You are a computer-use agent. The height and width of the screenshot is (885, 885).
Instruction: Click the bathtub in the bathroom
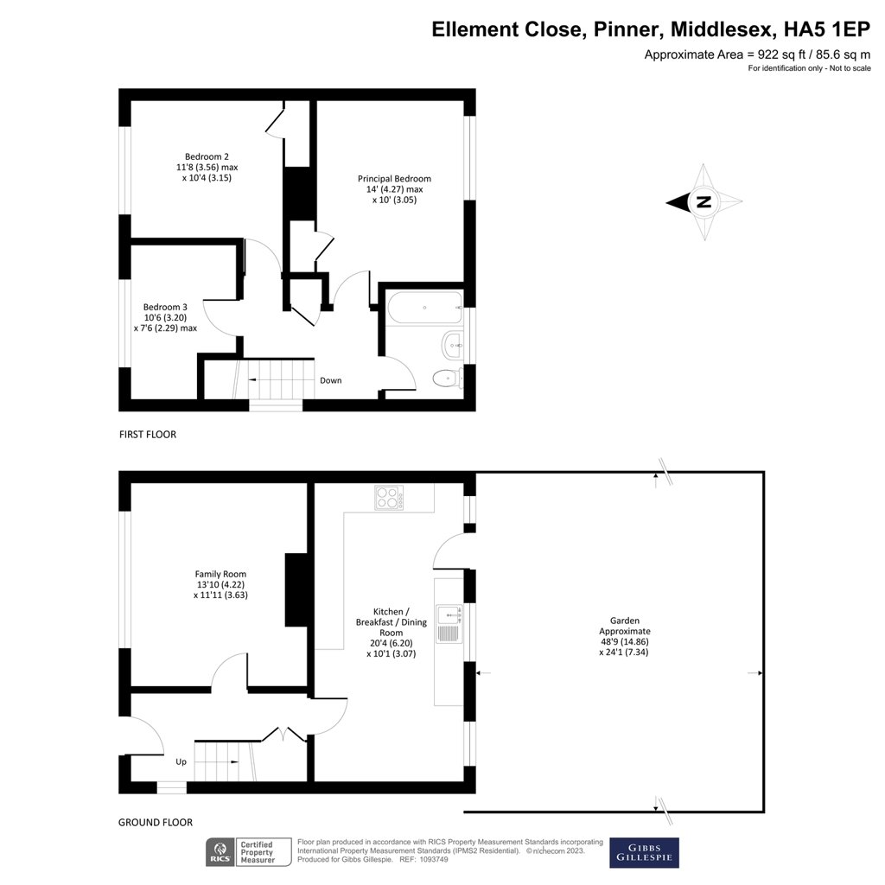pyautogui.click(x=424, y=308)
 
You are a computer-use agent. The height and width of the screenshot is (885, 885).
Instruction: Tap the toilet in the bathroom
pyautogui.click(x=445, y=377)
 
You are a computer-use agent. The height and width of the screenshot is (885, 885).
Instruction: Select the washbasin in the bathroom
pyautogui.click(x=452, y=345)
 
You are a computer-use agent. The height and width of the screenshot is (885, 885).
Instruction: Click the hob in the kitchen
pyautogui.click(x=388, y=497)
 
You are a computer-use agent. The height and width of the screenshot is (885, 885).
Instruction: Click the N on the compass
pyautogui.click(x=704, y=203)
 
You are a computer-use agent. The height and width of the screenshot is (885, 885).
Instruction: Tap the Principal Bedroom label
pyautogui.click(x=394, y=179)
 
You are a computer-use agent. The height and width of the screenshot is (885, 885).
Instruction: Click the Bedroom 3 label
pyautogui.click(x=165, y=307)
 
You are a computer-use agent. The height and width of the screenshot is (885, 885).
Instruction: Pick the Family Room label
pyautogui.click(x=220, y=574)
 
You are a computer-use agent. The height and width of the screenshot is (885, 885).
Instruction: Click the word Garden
pyautogui.click(x=624, y=620)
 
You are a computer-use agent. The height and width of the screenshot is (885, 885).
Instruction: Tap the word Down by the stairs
pyautogui.click(x=330, y=380)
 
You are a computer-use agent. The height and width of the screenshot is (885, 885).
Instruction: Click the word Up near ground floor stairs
pyautogui.click(x=181, y=761)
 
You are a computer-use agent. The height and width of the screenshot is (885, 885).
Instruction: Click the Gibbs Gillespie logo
pyautogui.click(x=644, y=852)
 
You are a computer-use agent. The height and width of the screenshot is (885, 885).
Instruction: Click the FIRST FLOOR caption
pyautogui.click(x=148, y=435)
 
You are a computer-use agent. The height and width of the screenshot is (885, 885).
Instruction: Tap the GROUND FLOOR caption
pyautogui.click(x=156, y=823)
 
